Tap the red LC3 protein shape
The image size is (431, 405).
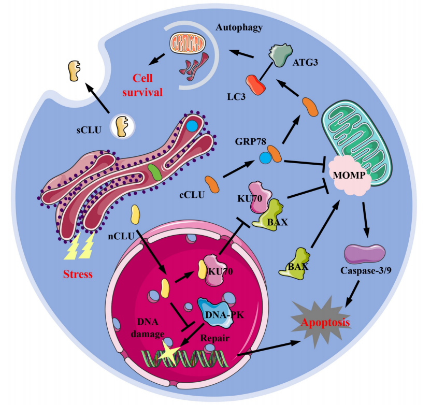tap(255, 85)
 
